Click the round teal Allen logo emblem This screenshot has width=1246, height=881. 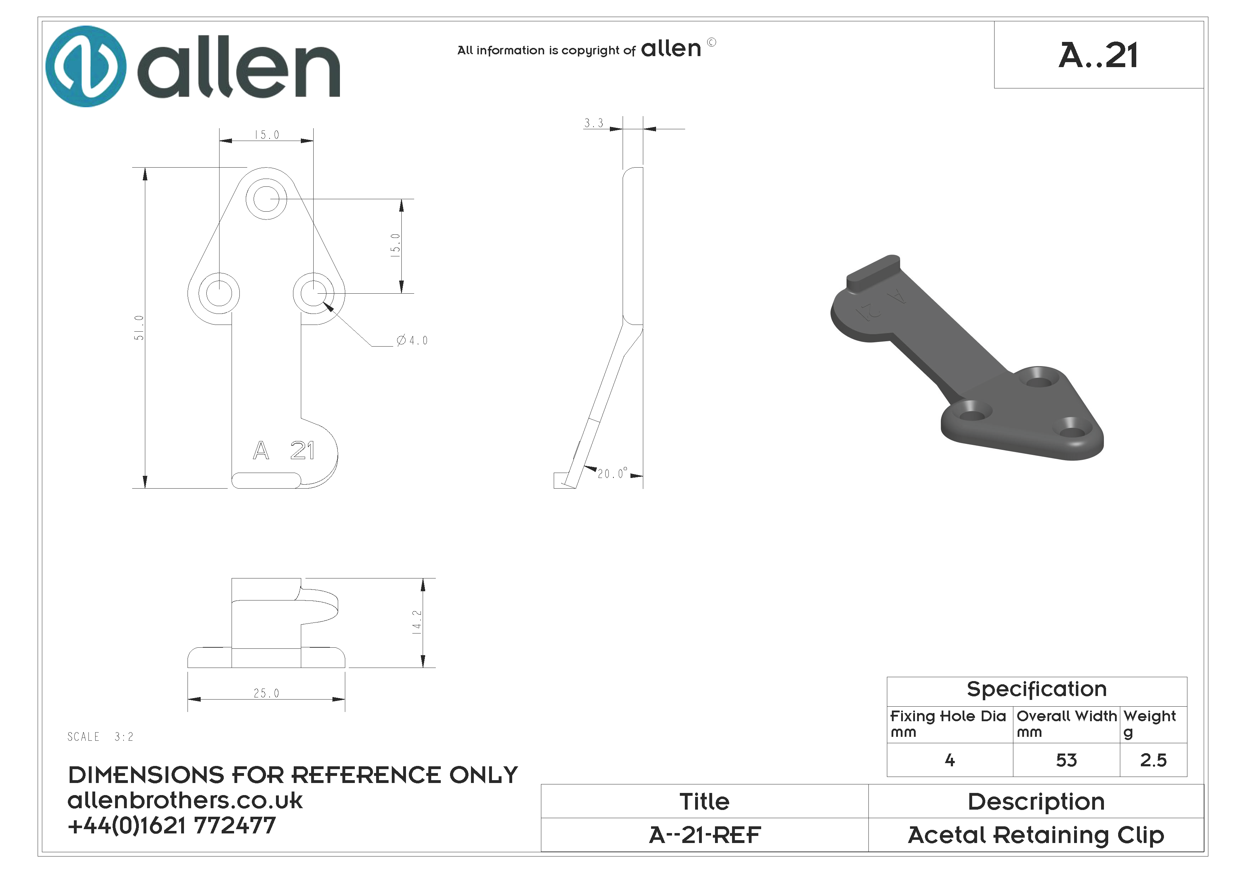click(x=86, y=66)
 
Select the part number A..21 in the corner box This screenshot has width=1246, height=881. click(x=1098, y=55)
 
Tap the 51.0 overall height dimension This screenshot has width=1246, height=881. click(x=139, y=328)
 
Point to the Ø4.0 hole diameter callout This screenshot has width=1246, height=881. click(x=412, y=341)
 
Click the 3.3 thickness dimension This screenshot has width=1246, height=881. click(x=594, y=123)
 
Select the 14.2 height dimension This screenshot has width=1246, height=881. click(x=417, y=622)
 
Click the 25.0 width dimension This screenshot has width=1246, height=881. click(x=266, y=693)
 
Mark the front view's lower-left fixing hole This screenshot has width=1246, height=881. click(x=219, y=293)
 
